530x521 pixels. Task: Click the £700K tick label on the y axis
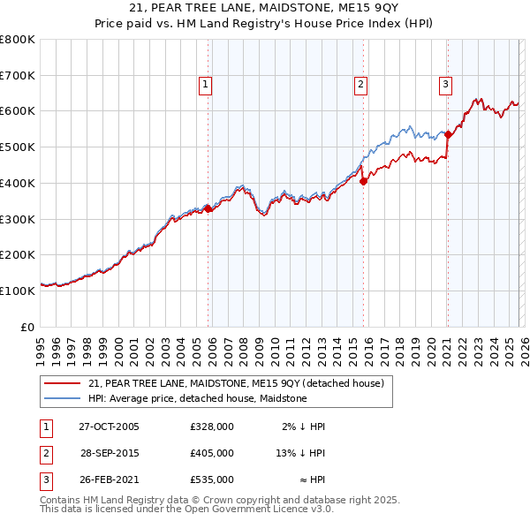click(x=19, y=75)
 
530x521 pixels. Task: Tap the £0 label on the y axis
click(x=28, y=326)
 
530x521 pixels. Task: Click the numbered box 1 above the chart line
click(x=205, y=85)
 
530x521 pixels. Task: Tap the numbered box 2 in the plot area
click(x=361, y=85)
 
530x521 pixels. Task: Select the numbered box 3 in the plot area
click(x=445, y=85)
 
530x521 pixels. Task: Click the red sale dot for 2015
click(x=363, y=181)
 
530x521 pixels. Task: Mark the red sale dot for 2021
click(x=448, y=134)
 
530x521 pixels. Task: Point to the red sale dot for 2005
click(x=208, y=209)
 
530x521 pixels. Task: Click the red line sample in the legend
click(x=63, y=384)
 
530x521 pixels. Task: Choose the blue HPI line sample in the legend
click(x=63, y=399)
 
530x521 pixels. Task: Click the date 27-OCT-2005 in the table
click(x=109, y=427)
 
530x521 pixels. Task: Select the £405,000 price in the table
click(x=212, y=453)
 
